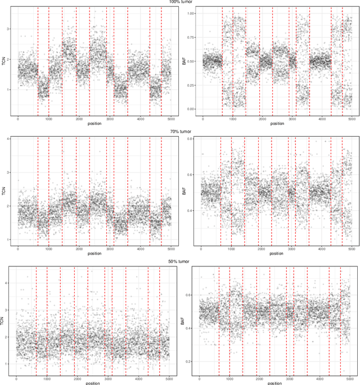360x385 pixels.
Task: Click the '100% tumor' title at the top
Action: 180,2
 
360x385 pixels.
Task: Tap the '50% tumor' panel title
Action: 180,261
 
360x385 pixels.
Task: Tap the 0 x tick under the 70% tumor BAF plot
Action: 201,249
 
